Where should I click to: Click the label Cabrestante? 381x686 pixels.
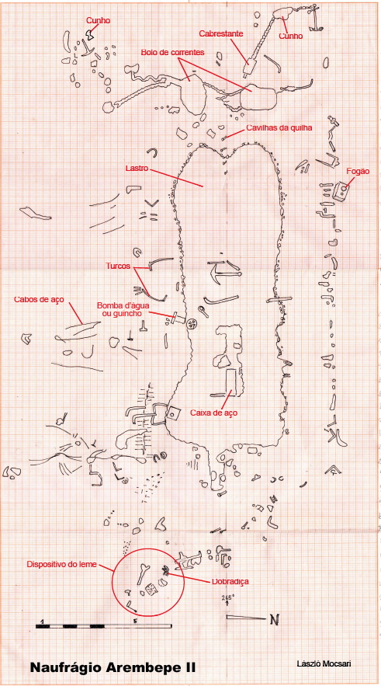[x=220, y=33]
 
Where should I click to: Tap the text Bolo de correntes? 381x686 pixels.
[x=172, y=52]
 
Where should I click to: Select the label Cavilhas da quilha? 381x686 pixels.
[x=279, y=127]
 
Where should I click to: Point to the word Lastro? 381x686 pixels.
[x=136, y=168]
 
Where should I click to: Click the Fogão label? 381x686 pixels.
[x=358, y=171]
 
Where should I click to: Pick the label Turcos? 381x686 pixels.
[x=118, y=266]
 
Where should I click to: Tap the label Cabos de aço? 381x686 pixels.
[x=39, y=300]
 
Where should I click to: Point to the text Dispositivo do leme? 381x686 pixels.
[x=61, y=564]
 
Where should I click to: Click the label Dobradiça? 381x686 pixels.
[x=230, y=581]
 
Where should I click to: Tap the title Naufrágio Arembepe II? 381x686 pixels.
[x=113, y=667]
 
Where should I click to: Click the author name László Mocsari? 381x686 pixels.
[x=323, y=664]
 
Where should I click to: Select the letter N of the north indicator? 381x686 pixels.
[x=275, y=619]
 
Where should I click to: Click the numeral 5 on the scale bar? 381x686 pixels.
[x=136, y=621]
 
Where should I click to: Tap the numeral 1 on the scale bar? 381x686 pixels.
[x=41, y=621]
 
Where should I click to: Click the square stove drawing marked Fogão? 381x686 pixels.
[x=340, y=192]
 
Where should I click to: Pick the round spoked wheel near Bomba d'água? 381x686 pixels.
[x=192, y=324]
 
